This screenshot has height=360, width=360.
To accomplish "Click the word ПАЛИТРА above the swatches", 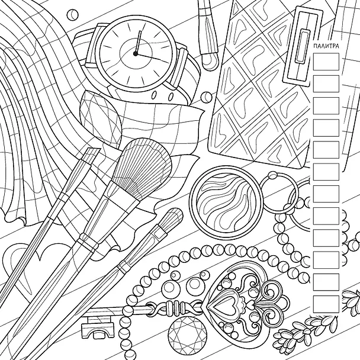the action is [x=326, y=46].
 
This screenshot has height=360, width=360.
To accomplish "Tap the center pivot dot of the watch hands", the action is [x=136, y=54].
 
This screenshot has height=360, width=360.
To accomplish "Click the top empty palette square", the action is [x=326, y=62].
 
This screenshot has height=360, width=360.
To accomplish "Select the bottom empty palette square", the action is [x=326, y=304].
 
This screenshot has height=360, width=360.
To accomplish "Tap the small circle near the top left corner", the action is [x=73, y=14].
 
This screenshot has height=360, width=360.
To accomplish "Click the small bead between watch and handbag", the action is [x=206, y=97].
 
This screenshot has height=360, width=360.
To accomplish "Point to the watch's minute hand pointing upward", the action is [x=137, y=41].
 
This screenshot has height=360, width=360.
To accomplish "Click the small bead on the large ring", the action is [x=273, y=176].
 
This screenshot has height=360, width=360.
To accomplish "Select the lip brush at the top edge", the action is [x=207, y=34].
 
